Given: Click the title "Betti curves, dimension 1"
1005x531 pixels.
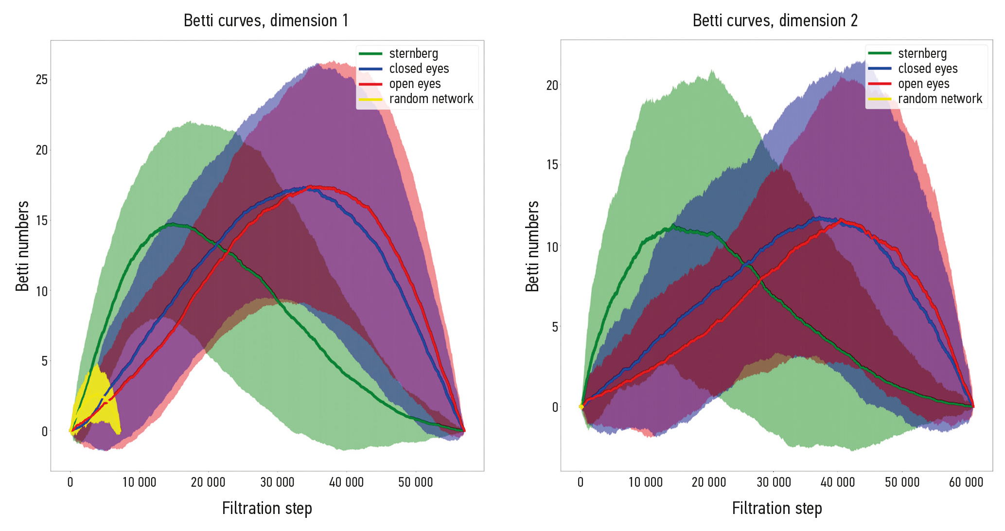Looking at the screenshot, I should pos(266,20).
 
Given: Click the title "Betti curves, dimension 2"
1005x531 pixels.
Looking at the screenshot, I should pos(775,20).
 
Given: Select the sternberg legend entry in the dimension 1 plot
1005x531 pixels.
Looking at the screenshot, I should pos(413,53).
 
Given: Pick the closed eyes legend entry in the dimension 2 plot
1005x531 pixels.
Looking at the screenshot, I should pos(927,69).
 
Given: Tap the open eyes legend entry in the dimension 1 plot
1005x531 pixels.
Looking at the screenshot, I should pos(415,84).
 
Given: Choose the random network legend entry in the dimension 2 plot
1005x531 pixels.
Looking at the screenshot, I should pos(939,99).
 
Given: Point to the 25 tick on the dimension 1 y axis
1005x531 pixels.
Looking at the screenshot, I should pos(42,80).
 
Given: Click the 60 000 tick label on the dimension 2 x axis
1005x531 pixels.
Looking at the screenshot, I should pos(966,482).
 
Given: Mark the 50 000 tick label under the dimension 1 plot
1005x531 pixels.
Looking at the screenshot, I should pos(415,482).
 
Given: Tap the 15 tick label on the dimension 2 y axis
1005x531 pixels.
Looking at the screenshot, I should pos(552,165).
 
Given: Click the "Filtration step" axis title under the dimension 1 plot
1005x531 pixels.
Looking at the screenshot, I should pos(267,508).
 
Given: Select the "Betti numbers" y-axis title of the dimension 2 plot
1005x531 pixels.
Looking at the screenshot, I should pos(532,246).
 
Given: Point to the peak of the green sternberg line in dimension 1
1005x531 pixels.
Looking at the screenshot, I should pos(173,224).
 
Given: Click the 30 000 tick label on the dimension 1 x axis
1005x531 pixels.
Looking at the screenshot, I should pos(277,482).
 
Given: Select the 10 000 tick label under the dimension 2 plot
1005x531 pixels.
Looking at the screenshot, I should pos(645,482).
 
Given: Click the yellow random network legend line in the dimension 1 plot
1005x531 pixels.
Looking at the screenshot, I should pos(370,99).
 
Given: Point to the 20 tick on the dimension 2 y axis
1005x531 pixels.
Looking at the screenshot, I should pos(552,86).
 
